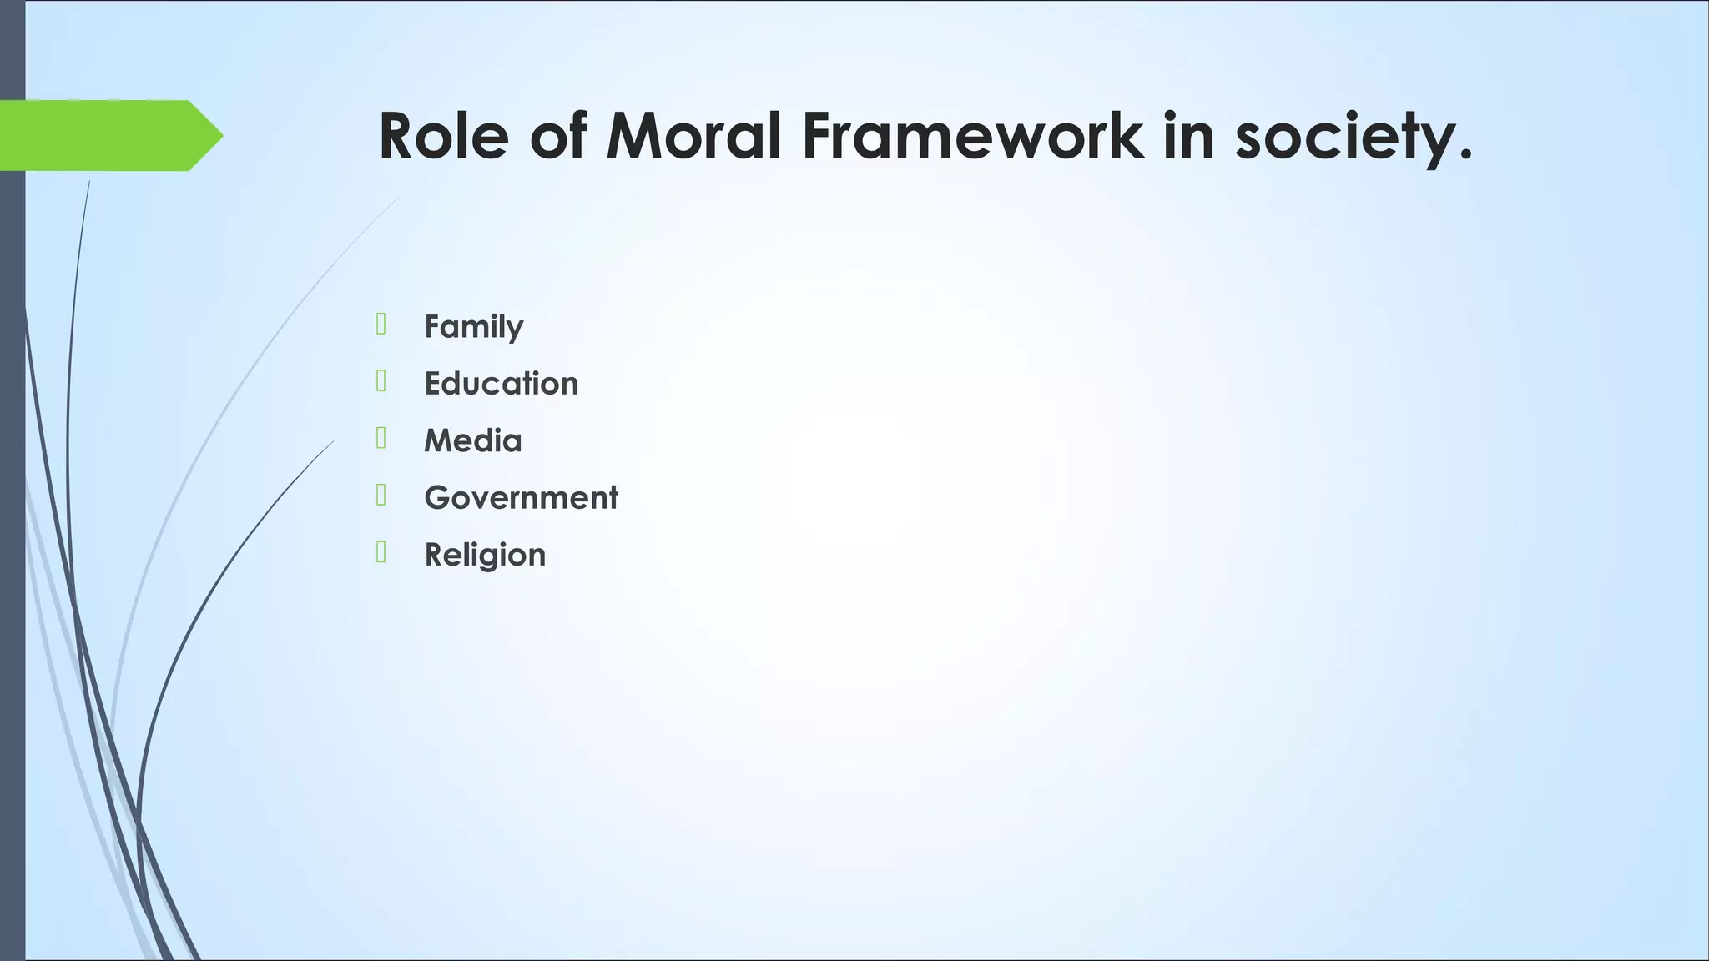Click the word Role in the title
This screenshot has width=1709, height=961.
(443, 136)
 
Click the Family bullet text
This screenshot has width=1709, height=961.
(473, 326)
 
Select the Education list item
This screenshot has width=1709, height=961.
(501, 383)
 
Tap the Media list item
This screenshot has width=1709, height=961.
(472, 440)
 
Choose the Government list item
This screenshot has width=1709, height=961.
(521, 497)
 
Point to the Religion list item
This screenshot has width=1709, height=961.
(485, 555)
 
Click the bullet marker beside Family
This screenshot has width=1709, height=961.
(381, 324)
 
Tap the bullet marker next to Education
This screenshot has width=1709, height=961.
(381, 381)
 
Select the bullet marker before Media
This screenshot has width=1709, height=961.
(381, 438)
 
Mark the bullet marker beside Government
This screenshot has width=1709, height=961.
(381, 496)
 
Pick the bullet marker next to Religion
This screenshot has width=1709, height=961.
(381, 552)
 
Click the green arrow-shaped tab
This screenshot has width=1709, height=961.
(100, 135)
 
